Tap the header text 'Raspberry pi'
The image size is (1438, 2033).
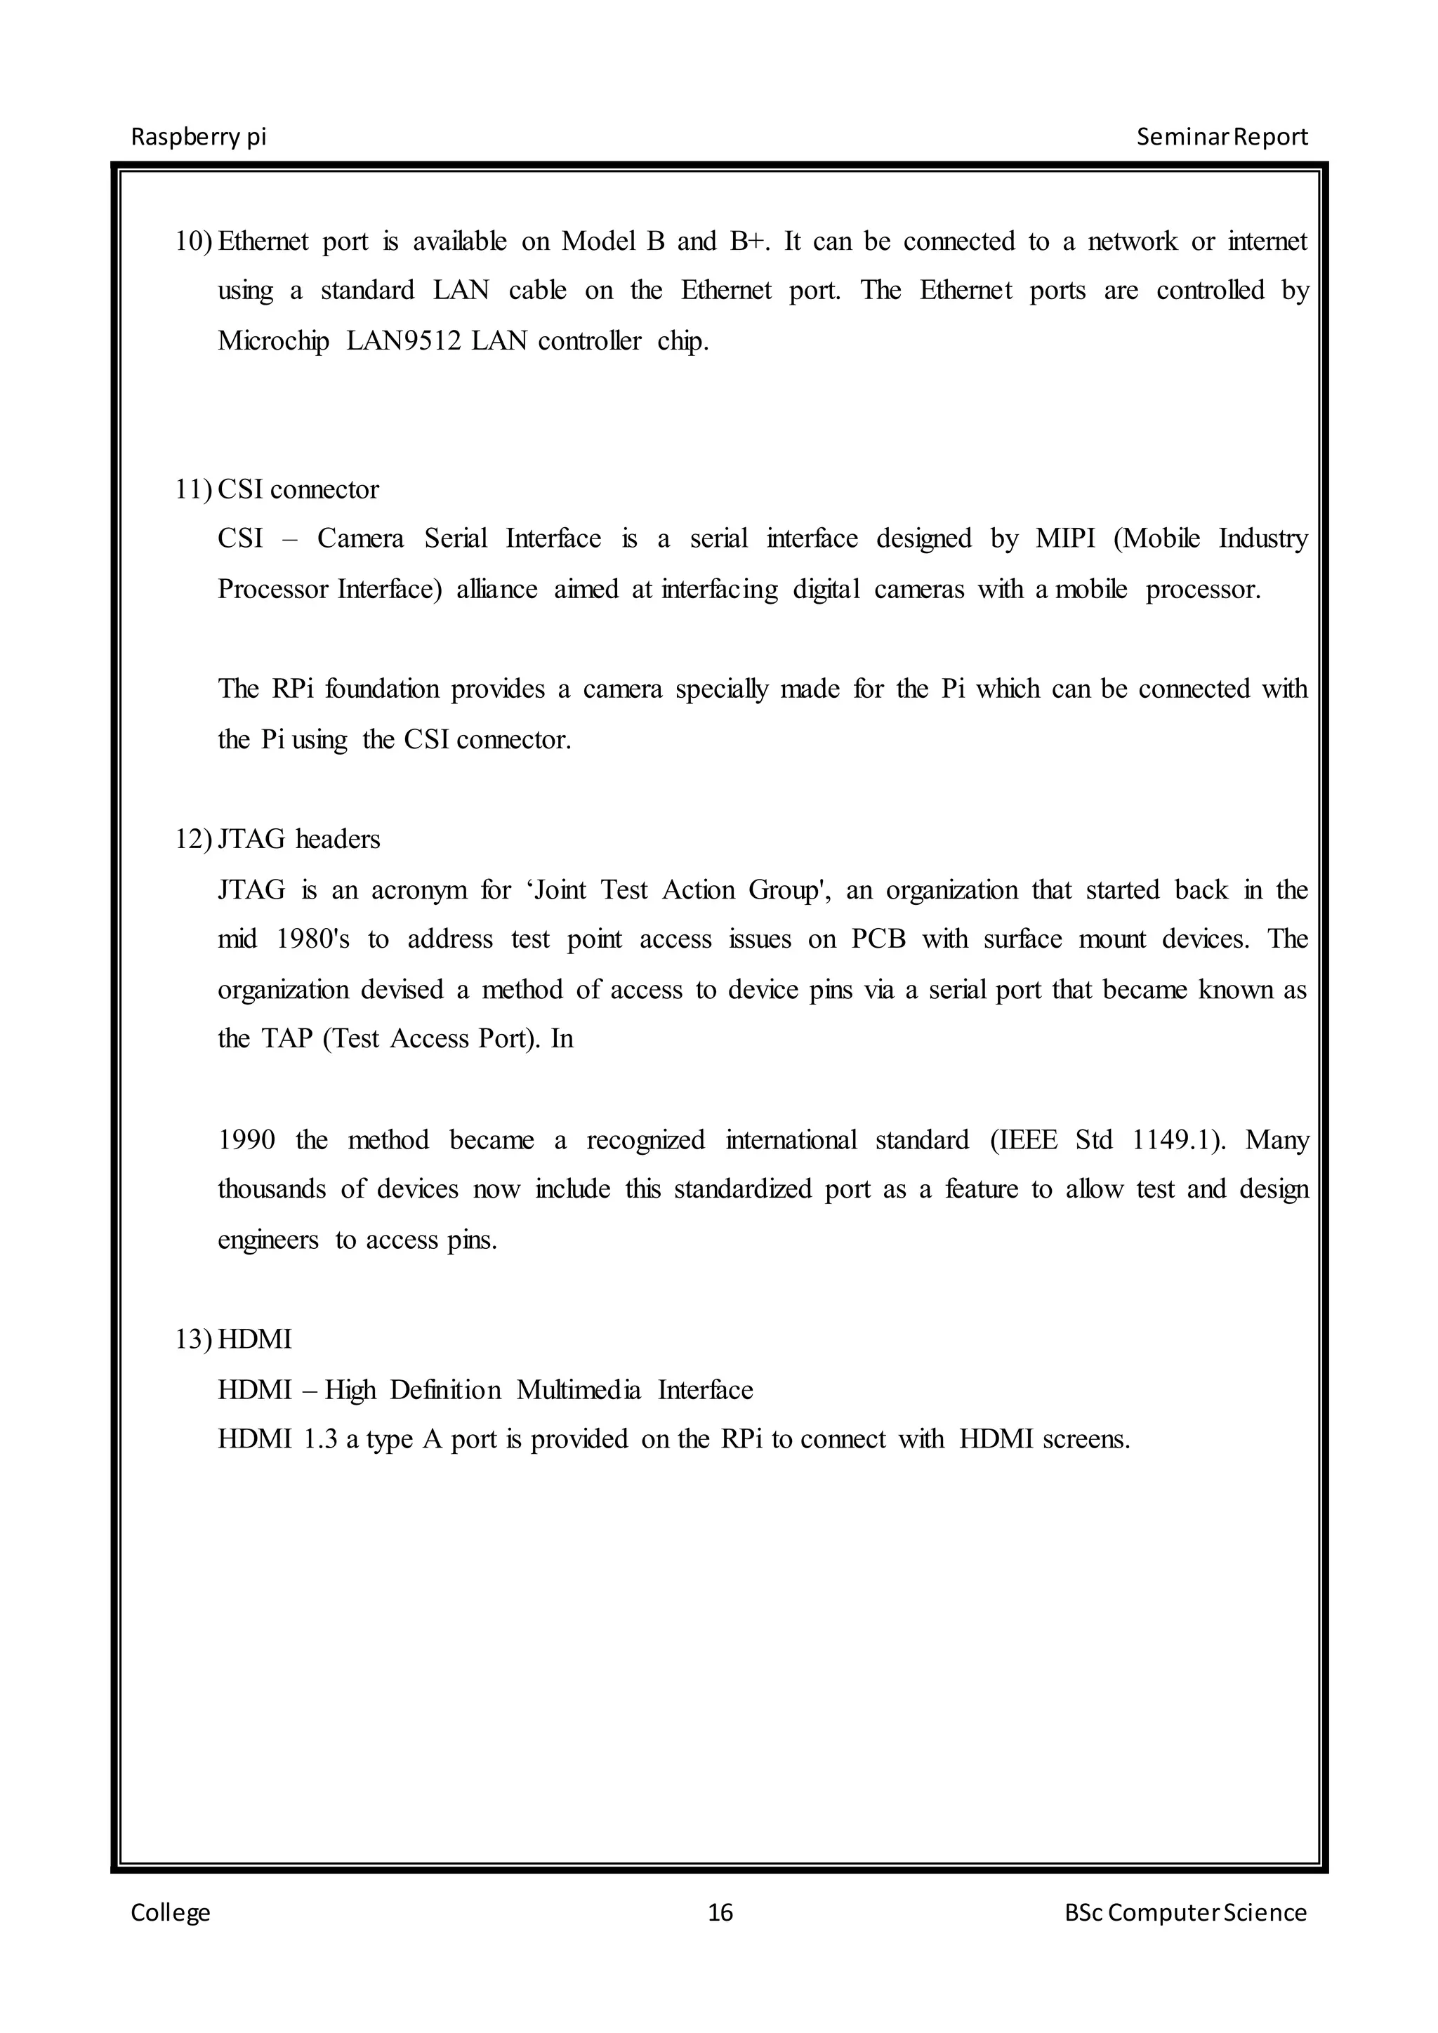tap(198, 138)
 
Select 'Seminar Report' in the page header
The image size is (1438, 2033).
tap(1221, 138)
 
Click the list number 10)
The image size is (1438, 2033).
tap(194, 241)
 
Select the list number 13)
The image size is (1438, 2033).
tap(194, 1339)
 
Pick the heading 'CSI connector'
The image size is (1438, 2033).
tap(298, 490)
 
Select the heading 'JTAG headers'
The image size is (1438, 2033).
tap(299, 840)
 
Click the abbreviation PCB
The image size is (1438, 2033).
tap(878, 939)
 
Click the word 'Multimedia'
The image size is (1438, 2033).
tap(578, 1390)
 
